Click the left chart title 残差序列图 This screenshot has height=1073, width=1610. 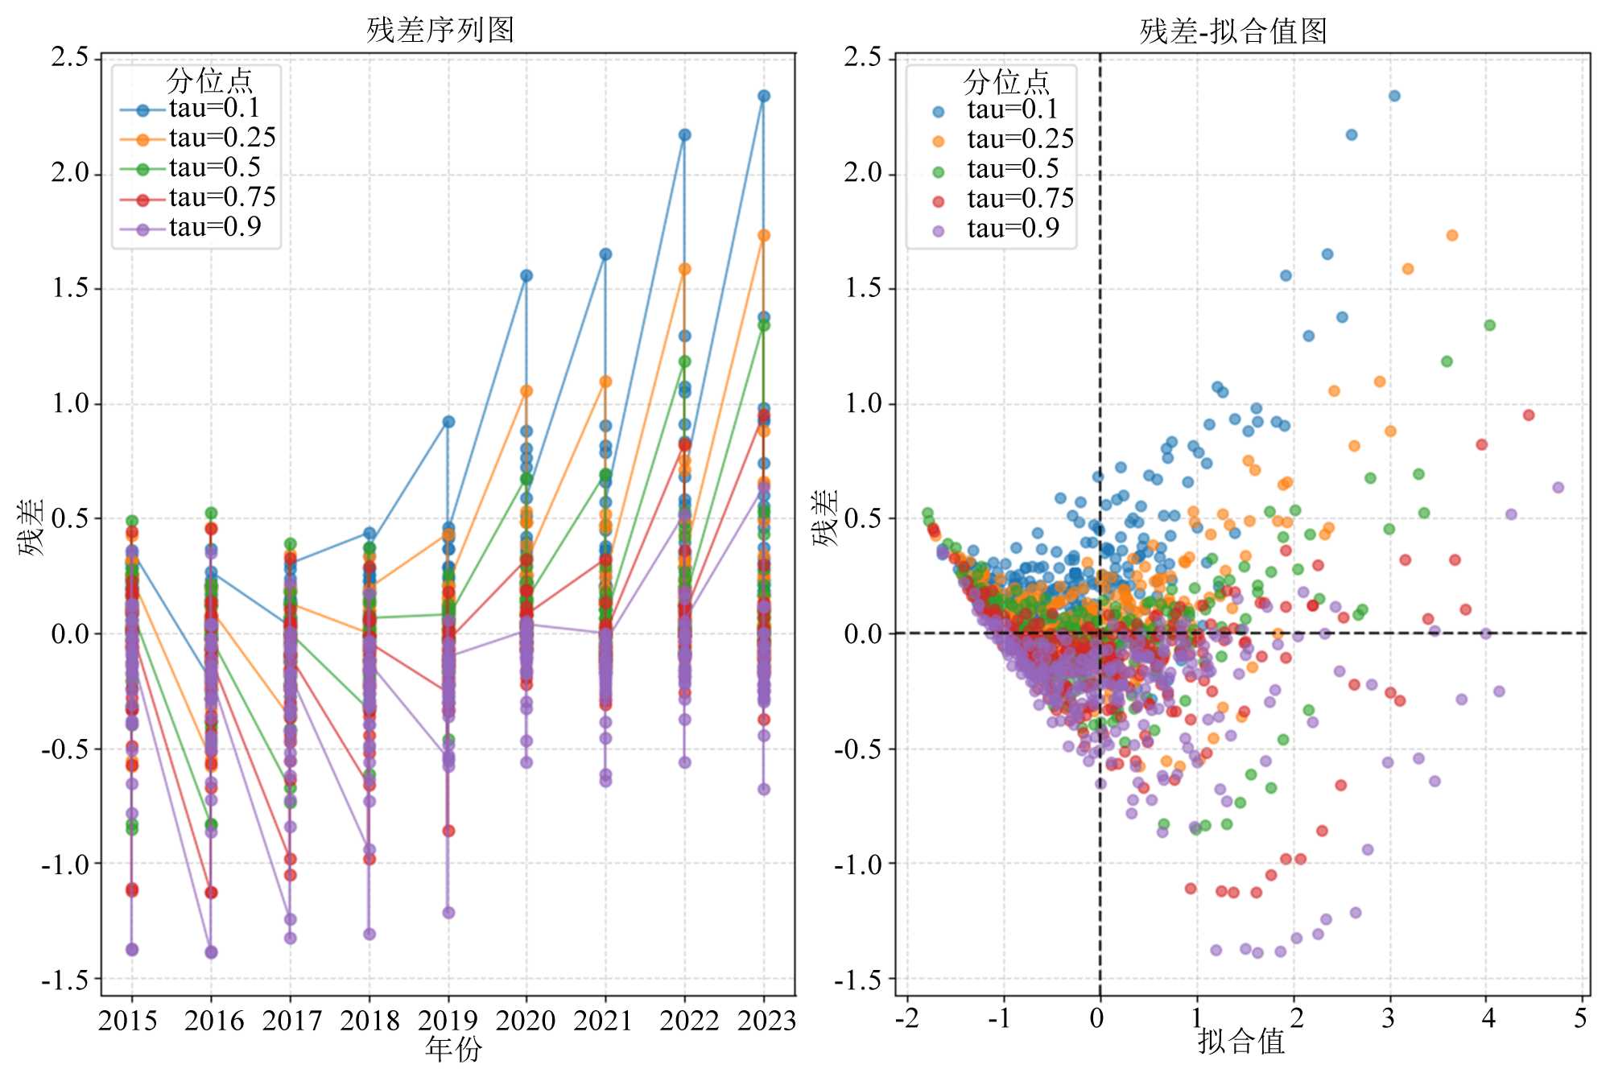tap(440, 31)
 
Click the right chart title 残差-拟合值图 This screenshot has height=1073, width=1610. tap(1233, 31)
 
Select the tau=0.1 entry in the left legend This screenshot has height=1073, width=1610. tap(214, 109)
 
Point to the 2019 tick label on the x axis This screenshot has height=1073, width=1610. tap(448, 1021)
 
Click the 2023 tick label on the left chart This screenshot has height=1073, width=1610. tap(766, 1021)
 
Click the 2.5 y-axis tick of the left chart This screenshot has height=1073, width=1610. tap(70, 57)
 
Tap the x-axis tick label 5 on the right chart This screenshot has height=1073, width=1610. tap(1580, 1018)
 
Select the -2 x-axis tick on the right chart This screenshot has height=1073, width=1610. tap(906, 1018)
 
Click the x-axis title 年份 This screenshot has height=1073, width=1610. tap(453, 1049)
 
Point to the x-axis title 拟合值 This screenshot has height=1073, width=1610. tap(1241, 1042)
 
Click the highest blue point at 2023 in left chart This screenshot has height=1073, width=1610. tap(764, 96)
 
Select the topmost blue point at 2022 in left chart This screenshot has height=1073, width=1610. tap(684, 135)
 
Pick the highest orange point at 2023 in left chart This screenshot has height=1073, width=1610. tap(764, 236)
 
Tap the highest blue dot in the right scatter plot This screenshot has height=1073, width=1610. tap(1394, 96)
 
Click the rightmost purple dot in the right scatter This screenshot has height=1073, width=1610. tap(1558, 488)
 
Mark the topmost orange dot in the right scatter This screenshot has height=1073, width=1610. tap(1451, 236)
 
